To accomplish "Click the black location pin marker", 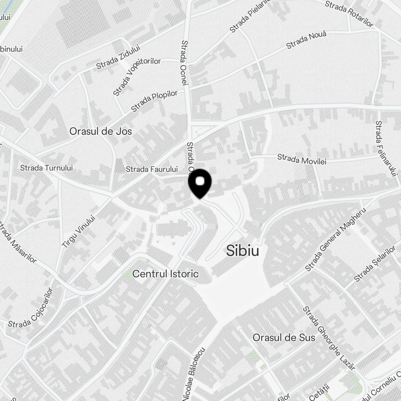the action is point(199,183).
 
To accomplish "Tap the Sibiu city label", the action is point(242,251).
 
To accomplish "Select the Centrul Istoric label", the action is point(165,274).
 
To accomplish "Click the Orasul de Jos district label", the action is point(100,131).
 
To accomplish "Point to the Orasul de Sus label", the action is point(284,338).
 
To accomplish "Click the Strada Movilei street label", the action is point(302,159).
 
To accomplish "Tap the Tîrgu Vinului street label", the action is point(78,231).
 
